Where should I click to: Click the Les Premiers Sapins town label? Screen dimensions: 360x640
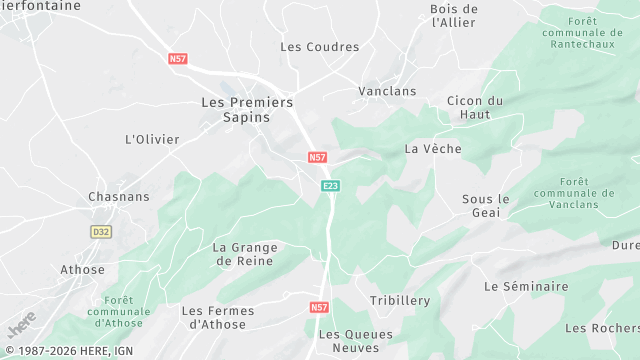click(247, 109)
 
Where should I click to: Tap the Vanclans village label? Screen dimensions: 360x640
click(387, 91)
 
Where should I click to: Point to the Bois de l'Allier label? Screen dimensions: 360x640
click(454, 16)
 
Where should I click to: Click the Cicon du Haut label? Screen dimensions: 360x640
click(475, 108)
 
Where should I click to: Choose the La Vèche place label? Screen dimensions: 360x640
click(433, 149)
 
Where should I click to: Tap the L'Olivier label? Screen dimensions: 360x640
click(151, 139)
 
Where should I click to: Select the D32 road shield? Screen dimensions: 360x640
click(101, 232)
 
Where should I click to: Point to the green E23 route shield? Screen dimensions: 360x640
click(331, 186)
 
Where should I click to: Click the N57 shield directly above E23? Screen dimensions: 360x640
click(317, 158)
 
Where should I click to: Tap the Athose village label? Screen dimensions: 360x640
click(82, 270)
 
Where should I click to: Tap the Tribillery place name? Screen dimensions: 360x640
click(400, 301)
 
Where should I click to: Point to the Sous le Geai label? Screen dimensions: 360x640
click(486, 206)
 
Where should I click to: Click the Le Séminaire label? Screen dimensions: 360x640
click(526, 287)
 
